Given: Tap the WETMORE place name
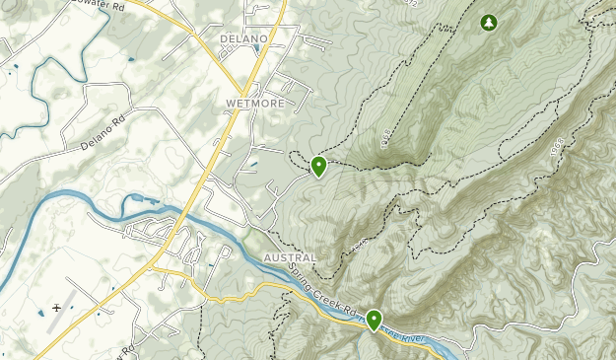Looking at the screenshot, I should (x=255, y=103).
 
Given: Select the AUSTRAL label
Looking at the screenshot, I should (x=291, y=257).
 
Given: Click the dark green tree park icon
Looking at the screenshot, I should (x=488, y=22).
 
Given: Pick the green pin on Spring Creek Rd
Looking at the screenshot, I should (x=375, y=319).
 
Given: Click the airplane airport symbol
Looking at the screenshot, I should (x=57, y=308).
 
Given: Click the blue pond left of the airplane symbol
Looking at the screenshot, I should (x=40, y=313).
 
